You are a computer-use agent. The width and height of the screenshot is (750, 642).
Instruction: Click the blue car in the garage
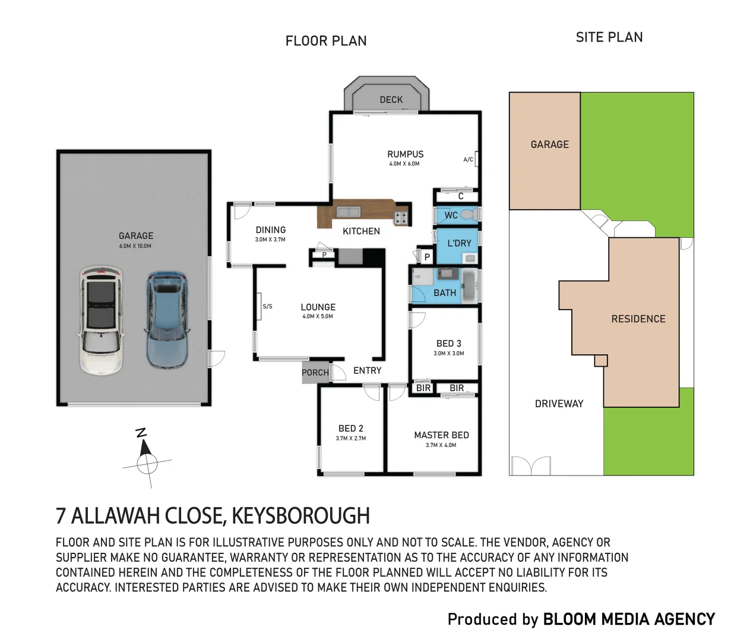[167, 320]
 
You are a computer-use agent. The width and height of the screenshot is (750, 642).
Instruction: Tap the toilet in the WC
[469, 215]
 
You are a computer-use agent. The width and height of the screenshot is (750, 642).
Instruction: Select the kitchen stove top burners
[401, 218]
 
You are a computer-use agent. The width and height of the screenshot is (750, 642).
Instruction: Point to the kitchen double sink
[348, 212]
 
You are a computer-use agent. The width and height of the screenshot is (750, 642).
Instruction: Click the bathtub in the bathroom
[469, 285]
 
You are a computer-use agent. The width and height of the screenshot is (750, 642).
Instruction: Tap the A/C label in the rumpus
[468, 159]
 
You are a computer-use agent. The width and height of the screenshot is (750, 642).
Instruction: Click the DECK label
[391, 99]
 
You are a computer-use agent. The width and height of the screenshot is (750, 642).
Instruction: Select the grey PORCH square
[315, 372]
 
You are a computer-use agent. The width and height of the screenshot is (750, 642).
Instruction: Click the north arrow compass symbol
[147, 460]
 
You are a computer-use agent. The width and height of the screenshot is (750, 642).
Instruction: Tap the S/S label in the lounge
[267, 306]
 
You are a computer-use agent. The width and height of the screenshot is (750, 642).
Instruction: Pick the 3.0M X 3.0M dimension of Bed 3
[449, 353]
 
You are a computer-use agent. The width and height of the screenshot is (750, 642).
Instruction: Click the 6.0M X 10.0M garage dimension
[135, 246]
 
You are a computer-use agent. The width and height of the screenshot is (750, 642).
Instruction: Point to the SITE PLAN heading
[609, 37]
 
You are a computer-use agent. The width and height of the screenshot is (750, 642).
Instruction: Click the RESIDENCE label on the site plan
[638, 319]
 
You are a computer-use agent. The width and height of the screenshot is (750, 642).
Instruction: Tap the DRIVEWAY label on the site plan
[559, 404]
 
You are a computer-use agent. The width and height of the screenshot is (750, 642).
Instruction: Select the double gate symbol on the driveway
[531, 466]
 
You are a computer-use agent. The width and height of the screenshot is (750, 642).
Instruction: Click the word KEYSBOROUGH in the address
[301, 515]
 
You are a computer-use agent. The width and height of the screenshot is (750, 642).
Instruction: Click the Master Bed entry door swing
[397, 392]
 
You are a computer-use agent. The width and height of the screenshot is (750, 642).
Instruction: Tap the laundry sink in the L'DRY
[470, 259]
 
